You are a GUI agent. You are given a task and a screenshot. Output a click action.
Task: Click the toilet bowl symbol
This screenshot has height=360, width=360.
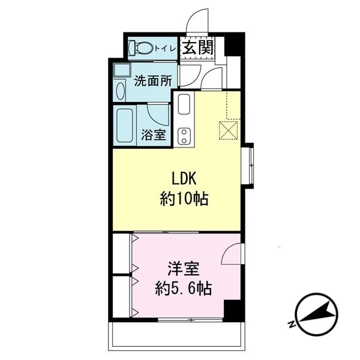(141, 48)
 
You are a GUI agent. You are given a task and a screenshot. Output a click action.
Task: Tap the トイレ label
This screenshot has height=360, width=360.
(166, 49)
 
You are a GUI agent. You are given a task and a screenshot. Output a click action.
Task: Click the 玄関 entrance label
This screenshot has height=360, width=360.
(199, 48)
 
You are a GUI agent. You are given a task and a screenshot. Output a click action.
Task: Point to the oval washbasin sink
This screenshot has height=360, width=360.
(121, 91)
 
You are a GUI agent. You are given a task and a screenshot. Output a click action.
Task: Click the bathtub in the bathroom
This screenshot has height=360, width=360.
(125, 125)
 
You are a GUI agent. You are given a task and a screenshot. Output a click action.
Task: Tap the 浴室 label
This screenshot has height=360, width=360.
(154, 134)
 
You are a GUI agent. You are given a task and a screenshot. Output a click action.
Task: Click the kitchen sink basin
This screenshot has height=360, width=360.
(184, 104)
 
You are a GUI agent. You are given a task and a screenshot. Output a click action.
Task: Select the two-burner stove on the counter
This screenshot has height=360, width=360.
(184, 136)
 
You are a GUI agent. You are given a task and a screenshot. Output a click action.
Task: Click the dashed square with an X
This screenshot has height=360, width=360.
(229, 130)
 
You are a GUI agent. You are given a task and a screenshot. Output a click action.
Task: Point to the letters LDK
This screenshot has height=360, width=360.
(184, 179)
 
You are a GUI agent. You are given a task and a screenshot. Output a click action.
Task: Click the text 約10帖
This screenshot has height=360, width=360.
(184, 199)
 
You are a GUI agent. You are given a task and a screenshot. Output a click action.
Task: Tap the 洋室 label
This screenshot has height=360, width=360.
(184, 268)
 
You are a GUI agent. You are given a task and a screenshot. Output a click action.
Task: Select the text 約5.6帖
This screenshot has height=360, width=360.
(183, 289)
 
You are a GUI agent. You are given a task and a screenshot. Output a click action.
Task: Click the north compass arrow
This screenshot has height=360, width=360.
(317, 314)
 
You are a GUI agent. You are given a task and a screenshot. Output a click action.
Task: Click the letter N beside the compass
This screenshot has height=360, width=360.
(292, 324)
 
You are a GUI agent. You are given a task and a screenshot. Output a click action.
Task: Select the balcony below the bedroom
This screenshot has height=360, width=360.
(177, 336)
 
